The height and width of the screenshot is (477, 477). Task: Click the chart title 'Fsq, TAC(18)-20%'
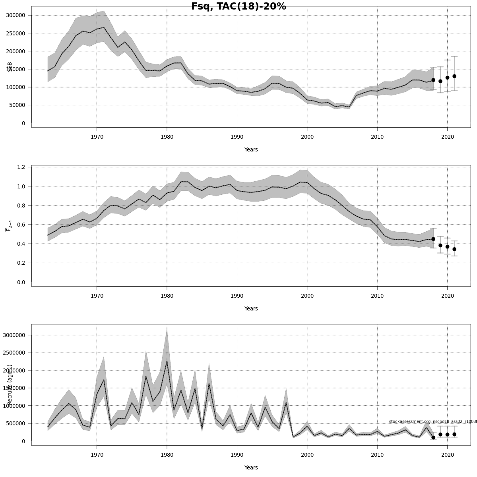(238, 6)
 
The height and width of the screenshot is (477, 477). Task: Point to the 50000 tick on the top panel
(16, 105)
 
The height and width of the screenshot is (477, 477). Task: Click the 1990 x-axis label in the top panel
(237, 137)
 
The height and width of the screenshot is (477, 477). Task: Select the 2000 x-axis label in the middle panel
(307, 296)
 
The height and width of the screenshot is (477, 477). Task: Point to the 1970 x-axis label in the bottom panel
(97, 455)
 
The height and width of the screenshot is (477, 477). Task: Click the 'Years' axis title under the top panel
(251, 150)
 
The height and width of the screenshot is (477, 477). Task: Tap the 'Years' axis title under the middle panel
(251, 309)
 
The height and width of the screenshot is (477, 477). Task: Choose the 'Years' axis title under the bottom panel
(251, 468)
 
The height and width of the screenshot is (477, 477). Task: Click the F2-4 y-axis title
(8, 225)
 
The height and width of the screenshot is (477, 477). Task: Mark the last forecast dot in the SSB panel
(454, 76)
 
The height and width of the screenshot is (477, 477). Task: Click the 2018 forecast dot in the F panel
(433, 239)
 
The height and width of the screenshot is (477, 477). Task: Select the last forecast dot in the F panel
(454, 249)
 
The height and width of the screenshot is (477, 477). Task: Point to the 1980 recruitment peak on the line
(167, 361)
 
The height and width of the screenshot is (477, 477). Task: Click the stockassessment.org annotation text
(432, 422)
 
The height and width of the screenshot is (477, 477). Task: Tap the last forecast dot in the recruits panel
(454, 434)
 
